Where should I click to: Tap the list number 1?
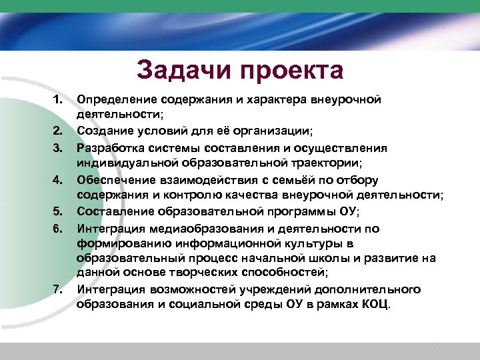click(57, 100)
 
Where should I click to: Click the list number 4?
click(57, 179)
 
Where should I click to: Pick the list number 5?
click(57, 211)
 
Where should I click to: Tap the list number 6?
click(57, 227)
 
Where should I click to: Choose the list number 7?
click(57, 289)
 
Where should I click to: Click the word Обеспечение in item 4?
click(114, 179)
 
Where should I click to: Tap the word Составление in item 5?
click(114, 211)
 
